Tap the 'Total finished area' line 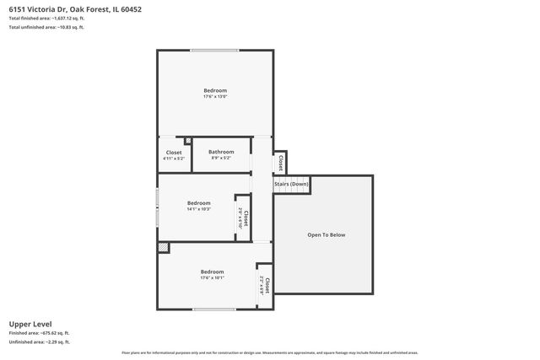[x=46, y=18]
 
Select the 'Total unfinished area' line [x=46, y=27]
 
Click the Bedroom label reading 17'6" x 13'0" [x=215, y=93]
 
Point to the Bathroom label [x=221, y=154]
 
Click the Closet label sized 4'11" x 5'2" [x=174, y=155]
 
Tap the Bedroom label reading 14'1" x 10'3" [x=199, y=206]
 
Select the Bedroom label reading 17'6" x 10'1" [x=212, y=275]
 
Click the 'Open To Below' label [x=326, y=234]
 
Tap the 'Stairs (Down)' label [x=291, y=183]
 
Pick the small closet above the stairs [x=280, y=161]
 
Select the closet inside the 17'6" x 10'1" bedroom [x=264, y=286]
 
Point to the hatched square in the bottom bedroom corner [x=164, y=248]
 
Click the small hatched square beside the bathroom [x=188, y=141]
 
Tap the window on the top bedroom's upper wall [x=214, y=50]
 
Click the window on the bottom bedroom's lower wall [x=214, y=309]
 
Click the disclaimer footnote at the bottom [x=270, y=352]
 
